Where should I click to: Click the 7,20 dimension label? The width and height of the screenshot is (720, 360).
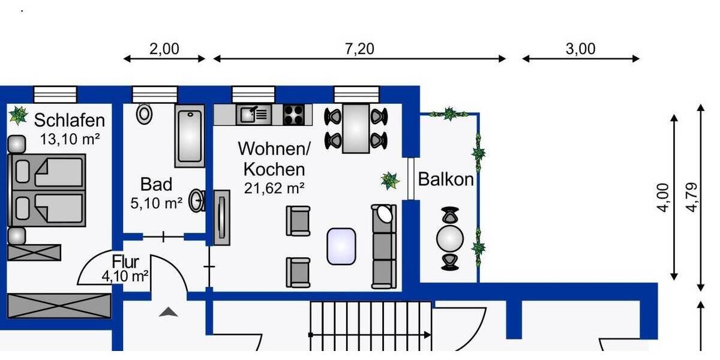pos(359,49)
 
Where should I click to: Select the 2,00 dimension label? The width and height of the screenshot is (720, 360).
pos(164,49)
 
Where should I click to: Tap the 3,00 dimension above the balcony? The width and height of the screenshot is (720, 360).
pos(580,49)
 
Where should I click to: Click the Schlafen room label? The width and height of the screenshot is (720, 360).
pos(69,120)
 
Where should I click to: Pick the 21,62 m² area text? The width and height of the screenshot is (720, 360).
pos(274,188)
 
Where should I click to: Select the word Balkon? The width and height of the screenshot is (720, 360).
pos(445,179)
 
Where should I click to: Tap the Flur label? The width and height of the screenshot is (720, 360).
pos(125,262)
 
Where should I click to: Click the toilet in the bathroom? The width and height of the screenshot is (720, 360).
pos(144,113)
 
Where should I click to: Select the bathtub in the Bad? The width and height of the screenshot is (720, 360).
pos(190,136)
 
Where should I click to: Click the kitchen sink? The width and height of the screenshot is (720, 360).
pos(254,114)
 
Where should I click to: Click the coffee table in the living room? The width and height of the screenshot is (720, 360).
pos(341,246)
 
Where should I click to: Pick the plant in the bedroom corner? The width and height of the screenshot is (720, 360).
pos(19,115)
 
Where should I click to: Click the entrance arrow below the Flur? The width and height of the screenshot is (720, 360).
pos(169,311)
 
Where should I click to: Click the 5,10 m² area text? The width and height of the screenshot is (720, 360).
pos(156,203)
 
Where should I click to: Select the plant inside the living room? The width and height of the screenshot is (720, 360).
pos(390,180)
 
